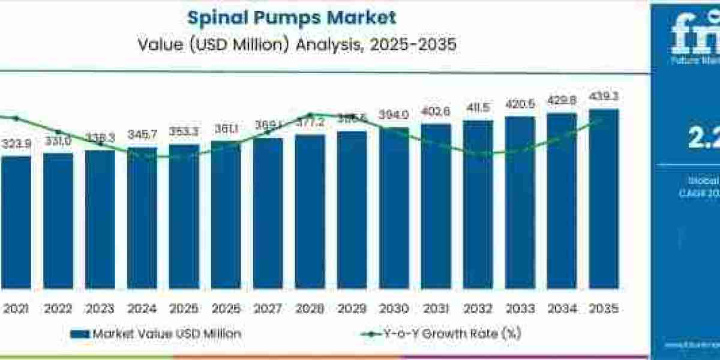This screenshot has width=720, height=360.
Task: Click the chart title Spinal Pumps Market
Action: click(x=292, y=17)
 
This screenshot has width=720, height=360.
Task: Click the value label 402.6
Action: click(x=436, y=111)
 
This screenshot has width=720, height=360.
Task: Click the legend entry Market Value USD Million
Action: click(x=156, y=334)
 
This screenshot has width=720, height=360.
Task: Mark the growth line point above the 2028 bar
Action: click(x=310, y=115)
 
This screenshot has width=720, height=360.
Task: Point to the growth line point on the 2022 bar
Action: click(x=58, y=132)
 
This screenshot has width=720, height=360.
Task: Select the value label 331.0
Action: click(x=58, y=142)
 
